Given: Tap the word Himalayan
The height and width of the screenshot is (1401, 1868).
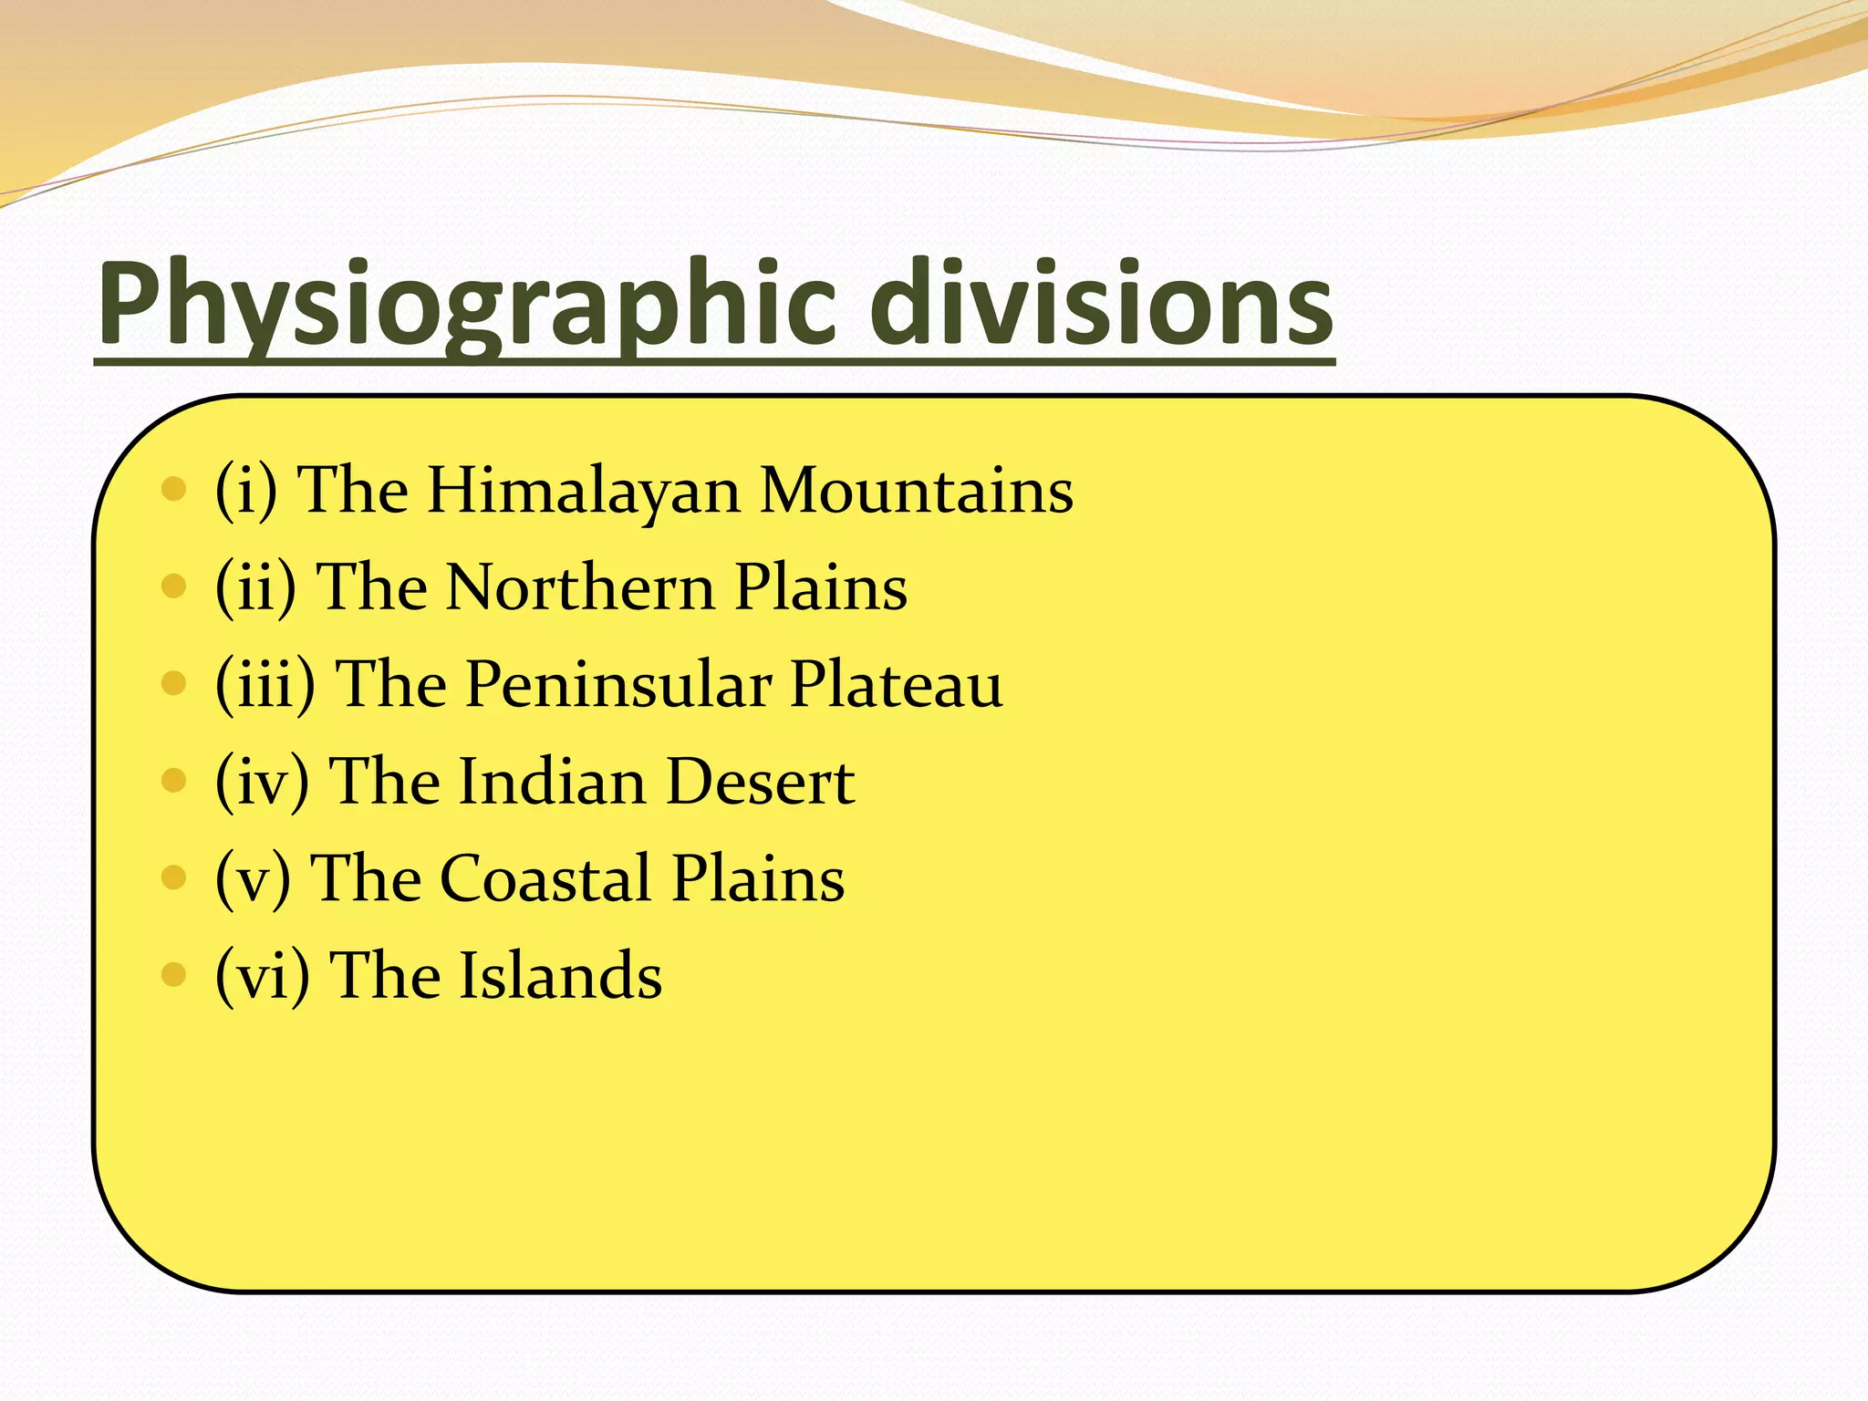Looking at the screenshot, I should click(584, 493).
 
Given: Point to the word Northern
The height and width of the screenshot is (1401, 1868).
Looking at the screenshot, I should click(580, 587).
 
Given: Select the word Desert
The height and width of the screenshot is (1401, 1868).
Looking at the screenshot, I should click(760, 782).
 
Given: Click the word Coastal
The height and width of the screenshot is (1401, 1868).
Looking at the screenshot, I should click(546, 878).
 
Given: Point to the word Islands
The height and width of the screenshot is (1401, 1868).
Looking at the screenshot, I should click(559, 975).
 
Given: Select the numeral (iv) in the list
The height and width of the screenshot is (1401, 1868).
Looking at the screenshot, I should click(262, 782).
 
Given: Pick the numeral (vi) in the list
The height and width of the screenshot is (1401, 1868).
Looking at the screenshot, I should click(262, 975).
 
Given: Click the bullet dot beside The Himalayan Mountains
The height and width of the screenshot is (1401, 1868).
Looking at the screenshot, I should click(172, 490).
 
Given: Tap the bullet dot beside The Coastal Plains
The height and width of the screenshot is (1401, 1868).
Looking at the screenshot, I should click(172, 877).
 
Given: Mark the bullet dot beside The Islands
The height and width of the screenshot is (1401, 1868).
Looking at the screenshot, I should click(172, 975).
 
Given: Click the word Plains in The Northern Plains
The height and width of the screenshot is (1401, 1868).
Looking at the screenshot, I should click(821, 587).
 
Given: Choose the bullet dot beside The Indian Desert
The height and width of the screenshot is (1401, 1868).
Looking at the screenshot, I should click(172, 781).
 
